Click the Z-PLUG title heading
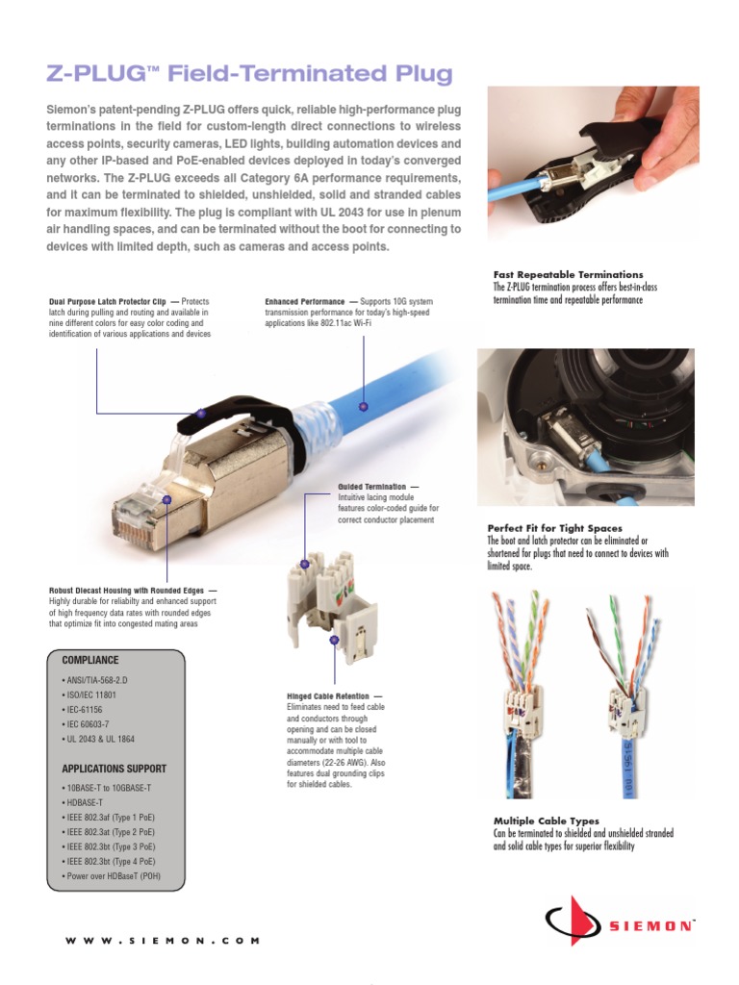click(250, 74)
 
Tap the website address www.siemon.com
click(162, 941)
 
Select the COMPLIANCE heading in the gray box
click(90, 661)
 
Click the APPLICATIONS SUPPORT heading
click(115, 770)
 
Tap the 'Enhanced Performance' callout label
click(305, 302)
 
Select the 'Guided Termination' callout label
click(372, 487)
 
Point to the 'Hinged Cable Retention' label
click(328, 695)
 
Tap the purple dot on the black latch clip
click(200, 413)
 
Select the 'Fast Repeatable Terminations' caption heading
click(568, 275)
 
